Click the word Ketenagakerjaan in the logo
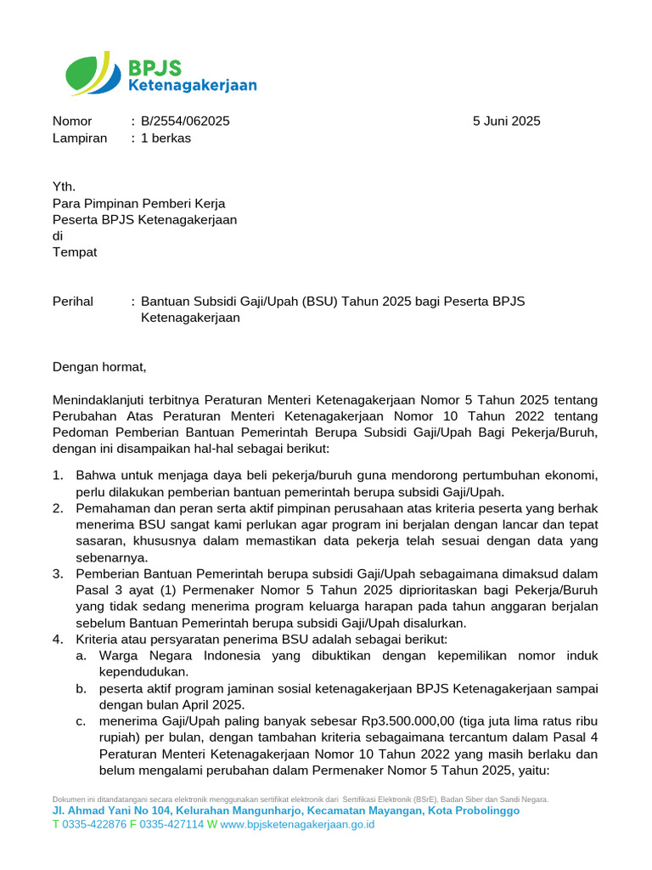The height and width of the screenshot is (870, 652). [192, 85]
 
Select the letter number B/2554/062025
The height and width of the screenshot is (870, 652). [185, 121]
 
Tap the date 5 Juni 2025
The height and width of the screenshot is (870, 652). [506, 121]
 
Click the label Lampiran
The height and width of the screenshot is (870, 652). [80, 138]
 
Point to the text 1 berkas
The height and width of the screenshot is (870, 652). [166, 138]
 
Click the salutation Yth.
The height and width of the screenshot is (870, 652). [65, 187]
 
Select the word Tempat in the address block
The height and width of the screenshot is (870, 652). [75, 252]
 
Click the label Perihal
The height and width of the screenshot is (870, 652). [73, 302]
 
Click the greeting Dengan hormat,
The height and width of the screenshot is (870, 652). [99, 367]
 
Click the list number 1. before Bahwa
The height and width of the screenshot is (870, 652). [58, 475]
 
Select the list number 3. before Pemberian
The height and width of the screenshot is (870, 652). [58, 574]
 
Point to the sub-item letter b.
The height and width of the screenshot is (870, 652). [80, 688]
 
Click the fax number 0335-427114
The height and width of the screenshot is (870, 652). [171, 824]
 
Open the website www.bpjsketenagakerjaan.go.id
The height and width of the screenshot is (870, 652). [297, 824]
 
